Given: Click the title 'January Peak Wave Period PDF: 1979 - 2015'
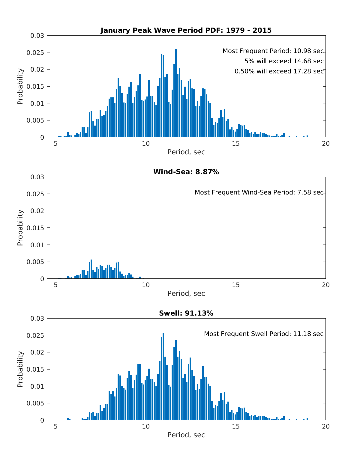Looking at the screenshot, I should [186, 30].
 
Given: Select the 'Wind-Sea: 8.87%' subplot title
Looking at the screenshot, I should [186, 172].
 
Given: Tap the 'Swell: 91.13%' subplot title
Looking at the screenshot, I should [186, 313].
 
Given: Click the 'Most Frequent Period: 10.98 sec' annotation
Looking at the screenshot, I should [273, 51].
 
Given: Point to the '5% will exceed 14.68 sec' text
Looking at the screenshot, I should [284, 61].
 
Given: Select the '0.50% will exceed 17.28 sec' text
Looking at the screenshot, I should [279, 71].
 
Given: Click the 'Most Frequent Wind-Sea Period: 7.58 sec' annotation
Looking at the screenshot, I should [259, 192].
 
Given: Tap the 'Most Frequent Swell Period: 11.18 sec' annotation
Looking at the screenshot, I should [264, 334].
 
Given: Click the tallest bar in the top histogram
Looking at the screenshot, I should [176, 93].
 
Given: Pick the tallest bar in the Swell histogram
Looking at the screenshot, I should [163, 376].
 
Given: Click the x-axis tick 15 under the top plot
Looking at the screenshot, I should [236, 144].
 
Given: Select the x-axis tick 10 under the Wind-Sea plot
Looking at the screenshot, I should [146, 285].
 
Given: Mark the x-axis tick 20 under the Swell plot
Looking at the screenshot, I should [325, 426].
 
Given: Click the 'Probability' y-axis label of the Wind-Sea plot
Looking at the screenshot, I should [20, 228].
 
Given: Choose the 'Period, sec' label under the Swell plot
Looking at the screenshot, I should [186, 435].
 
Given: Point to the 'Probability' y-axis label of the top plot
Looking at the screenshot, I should [20, 86].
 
